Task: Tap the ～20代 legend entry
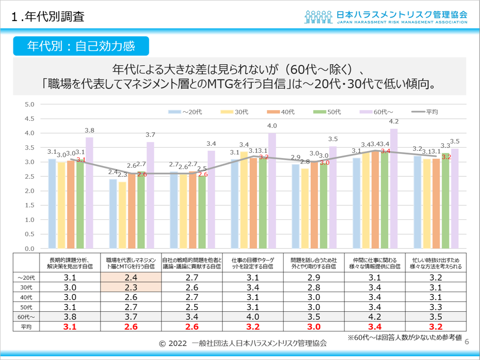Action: click(186, 112)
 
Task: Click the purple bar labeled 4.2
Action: click(394, 188)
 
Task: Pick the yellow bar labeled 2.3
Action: click(122, 215)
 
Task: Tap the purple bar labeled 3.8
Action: click(89, 193)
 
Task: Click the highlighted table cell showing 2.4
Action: click(131, 278)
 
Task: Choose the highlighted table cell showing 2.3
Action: click(131, 287)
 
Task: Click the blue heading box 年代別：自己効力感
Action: click(81, 46)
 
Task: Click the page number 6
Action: click(467, 341)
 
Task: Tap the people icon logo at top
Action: click(318, 16)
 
